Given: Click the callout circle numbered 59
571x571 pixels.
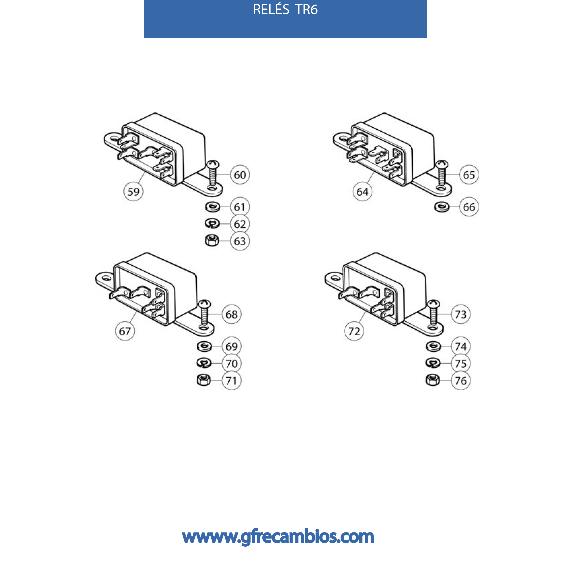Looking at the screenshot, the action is click(133, 192).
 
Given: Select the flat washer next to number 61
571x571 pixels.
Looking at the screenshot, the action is click(212, 207).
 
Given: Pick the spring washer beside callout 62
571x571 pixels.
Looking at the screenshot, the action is click(212, 223).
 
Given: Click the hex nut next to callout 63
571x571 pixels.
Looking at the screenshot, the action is click(212, 240).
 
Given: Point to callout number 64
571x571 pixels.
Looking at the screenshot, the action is click(362, 192).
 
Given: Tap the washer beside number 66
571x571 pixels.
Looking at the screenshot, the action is click(442, 207).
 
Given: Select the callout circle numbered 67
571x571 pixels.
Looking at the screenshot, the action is click(125, 331).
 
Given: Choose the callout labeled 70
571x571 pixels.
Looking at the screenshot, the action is click(231, 363).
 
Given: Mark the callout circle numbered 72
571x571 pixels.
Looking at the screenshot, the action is click(354, 331).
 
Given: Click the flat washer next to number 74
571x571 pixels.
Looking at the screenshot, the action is click(433, 346).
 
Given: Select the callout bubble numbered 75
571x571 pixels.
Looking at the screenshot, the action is click(460, 363).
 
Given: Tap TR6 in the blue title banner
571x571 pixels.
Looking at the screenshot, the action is click(307, 10).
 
